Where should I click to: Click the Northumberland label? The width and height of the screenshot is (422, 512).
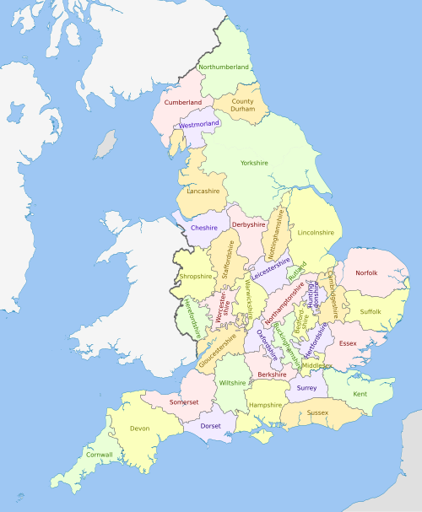(223, 67)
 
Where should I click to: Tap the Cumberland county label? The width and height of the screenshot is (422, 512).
(183, 102)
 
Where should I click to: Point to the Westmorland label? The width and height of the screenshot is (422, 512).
(199, 124)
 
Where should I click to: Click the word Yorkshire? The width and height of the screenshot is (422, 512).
(253, 162)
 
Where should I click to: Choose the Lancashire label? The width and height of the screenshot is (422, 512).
(203, 191)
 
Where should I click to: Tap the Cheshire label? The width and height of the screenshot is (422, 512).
(204, 228)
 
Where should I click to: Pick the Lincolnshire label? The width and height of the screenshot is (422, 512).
(316, 232)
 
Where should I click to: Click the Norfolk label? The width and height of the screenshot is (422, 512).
(366, 272)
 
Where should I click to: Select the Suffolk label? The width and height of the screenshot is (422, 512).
(371, 311)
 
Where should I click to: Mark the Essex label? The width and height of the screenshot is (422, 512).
(348, 344)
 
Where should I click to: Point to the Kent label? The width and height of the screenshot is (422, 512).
(360, 394)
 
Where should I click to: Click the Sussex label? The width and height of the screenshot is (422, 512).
(317, 412)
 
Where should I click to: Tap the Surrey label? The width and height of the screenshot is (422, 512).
(306, 388)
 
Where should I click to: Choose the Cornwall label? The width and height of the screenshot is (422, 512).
(99, 455)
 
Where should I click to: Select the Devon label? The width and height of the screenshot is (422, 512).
(140, 428)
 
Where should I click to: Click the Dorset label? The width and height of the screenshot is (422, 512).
(210, 426)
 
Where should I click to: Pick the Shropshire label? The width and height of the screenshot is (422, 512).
(195, 276)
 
